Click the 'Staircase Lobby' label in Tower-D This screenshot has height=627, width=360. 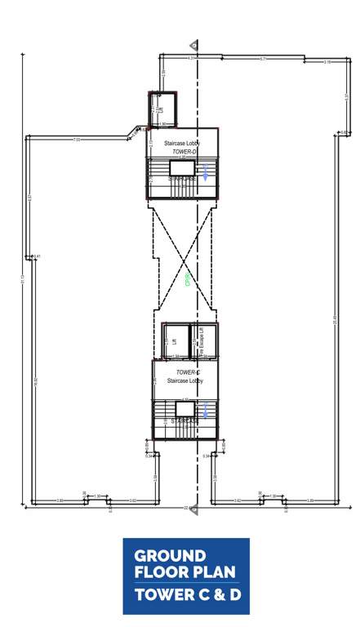pyautogui.click(x=182, y=144)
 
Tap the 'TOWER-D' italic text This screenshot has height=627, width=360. pyautogui.click(x=184, y=153)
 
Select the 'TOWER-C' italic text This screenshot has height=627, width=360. pyautogui.click(x=189, y=372)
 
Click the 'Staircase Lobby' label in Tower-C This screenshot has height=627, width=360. pyautogui.click(x=184, y=381)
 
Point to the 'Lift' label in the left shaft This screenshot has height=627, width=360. pyautogui.click(x=174, y=342)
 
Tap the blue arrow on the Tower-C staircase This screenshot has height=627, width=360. pyautogui.click(x=207, y=410)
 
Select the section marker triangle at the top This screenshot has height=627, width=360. pyautogui.click(x=193, y=44)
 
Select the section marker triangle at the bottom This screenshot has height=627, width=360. pyautogui.click(x=193, y=509)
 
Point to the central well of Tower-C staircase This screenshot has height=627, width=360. pyautogui.click(x=185, y=407)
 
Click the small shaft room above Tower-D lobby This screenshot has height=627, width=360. pyautogui.click(x=162, y=108)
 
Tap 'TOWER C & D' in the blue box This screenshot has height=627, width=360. pyautogui.click(x=188, y=595)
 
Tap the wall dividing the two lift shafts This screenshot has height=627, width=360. pyautogui.click(x=189, y=340)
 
